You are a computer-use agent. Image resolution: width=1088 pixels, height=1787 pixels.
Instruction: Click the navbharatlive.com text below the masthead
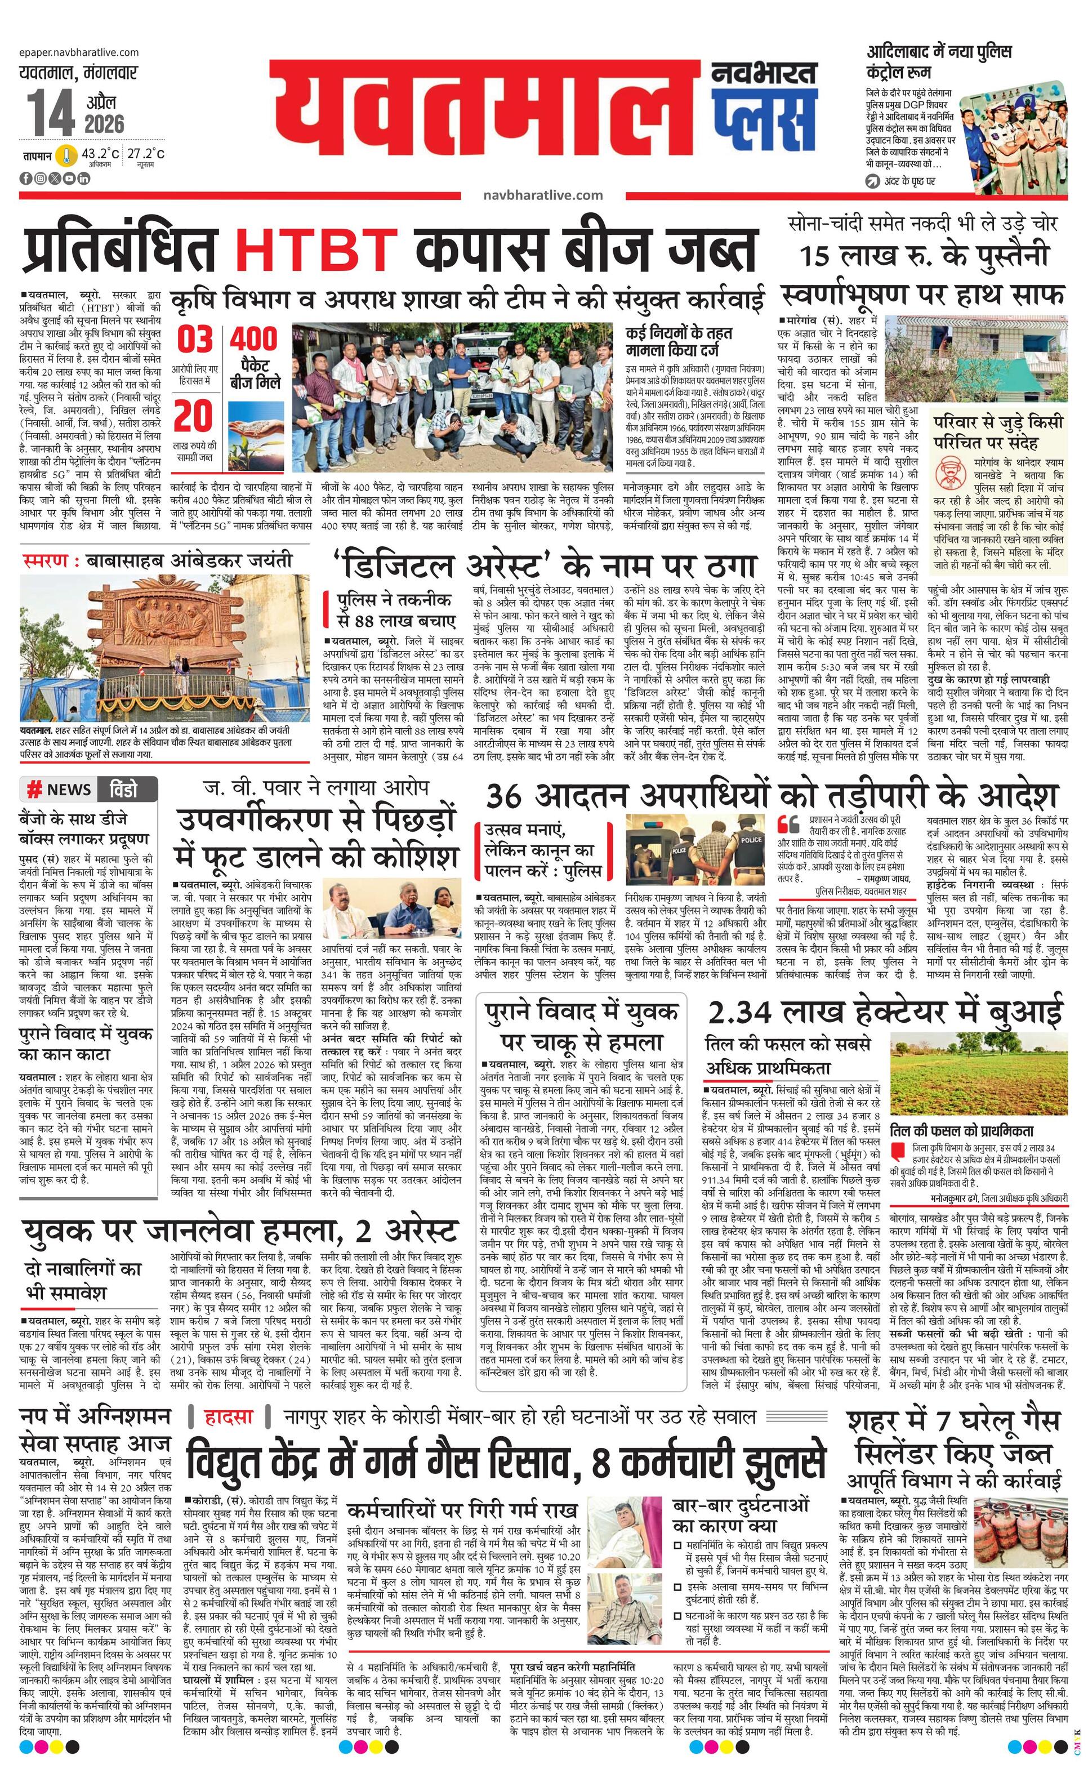[x=542, y=194]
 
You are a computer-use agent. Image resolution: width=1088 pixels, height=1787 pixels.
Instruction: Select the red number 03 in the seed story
[x=195, y=340]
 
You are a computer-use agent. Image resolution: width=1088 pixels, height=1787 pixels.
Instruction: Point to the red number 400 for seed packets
[x=255, y=338]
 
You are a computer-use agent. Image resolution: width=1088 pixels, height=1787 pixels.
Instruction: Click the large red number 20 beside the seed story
[x=194, y=416]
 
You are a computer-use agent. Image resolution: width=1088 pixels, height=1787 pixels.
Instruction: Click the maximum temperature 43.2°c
[x=100, y=154]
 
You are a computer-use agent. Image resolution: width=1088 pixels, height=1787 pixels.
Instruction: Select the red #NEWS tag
[x=60, y=789]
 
